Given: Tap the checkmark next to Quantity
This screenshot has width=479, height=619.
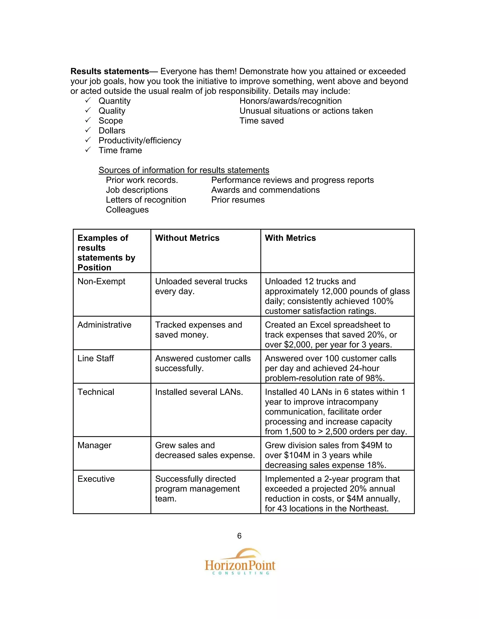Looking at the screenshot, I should pyautogui.click(x=88, y=100).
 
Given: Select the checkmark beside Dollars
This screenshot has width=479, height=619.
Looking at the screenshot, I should pyautogui.click(x=88, y=130).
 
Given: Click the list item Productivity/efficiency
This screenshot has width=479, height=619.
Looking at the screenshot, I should pyautogui.click(x=140, y=140).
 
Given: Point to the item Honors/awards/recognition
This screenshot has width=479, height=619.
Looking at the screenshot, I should pyautogui.click(x=290, y=101).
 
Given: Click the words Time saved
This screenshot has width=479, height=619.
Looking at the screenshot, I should pyautogui.click(x=261, y=121).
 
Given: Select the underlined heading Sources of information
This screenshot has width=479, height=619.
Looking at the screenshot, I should pyautogui.click(x=184, y=170).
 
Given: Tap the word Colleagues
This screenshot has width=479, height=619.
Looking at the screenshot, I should pyautogui.click(x=127, y=210).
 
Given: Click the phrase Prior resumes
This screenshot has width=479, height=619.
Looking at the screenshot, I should pyautogui.click(x=238, y=200).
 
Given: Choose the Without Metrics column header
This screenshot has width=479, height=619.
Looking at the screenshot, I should pyautogui.click(x=187, y=238).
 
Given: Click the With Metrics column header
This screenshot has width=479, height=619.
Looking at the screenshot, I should pyautogui.click(x=290, y=238).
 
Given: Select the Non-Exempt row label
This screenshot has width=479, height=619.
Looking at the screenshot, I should pyautogui.click(x=101, y=281).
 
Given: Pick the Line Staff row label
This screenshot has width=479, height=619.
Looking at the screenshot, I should pyautogui.click(x=96, y=359).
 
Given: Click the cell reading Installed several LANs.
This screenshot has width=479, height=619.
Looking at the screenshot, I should pyautogui.click(x=199, y=392).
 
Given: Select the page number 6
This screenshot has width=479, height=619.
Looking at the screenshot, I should pyautogui.click(x=239, y=536).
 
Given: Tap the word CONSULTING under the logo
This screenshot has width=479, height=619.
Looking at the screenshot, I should pyautogui.click(x=241, y=573).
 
